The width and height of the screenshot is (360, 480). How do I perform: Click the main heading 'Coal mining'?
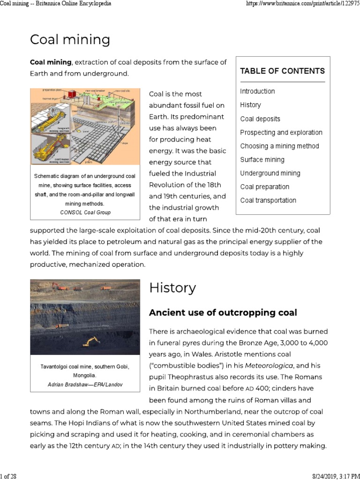[70, 40]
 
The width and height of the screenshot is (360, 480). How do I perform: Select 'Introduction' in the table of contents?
[257, 91]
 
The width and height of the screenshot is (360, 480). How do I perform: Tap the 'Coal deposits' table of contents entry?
[260, 119]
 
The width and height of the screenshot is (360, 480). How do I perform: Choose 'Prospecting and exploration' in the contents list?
[281, 132]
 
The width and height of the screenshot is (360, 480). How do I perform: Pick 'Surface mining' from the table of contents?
[262, 159]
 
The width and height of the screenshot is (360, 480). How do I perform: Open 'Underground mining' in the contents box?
[270, 173]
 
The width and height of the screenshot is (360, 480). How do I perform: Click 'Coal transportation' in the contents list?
[268, 200]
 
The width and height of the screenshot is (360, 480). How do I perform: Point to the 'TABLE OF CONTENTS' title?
[282, 71]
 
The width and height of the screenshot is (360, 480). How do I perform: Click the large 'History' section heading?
[172, 288]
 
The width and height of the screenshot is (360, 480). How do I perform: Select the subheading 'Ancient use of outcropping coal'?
[223, 312]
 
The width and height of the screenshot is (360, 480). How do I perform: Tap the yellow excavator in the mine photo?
[91, 341]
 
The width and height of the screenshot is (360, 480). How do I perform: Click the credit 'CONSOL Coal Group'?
[85, 212]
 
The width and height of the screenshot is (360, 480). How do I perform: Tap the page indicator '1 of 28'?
[8, 476]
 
